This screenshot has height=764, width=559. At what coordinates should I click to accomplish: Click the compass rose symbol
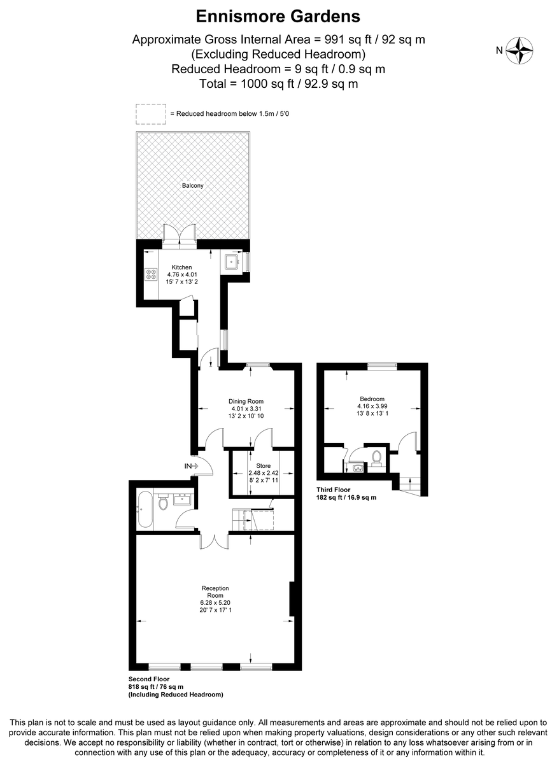pos(519,50)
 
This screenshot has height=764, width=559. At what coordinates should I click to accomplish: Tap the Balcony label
pos(193,185)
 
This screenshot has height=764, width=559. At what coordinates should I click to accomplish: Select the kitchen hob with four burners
pos(151,274)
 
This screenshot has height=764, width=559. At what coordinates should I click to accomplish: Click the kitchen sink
pos(232,262)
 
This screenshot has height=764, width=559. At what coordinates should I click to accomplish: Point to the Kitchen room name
pos(182,267)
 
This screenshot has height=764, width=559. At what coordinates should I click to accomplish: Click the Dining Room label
pos(246,402)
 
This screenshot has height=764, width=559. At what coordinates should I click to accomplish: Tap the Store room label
pos(264,465)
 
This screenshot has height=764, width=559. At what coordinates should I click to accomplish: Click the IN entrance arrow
pos(192,466)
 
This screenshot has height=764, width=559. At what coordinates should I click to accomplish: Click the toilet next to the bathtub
pos(163,502)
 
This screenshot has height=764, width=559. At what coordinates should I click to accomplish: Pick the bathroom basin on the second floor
pos(183,499)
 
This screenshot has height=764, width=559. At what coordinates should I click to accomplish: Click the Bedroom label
pos(372,399)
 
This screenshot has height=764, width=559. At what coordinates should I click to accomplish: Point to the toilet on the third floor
pos(376,458)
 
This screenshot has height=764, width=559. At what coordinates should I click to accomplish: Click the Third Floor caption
pos(333,490)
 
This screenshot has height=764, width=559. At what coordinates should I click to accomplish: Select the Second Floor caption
pos(149,679)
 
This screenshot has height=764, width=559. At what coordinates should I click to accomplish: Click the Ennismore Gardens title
pos(278,17)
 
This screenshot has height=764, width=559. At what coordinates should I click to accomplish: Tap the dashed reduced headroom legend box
pos(151,114)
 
